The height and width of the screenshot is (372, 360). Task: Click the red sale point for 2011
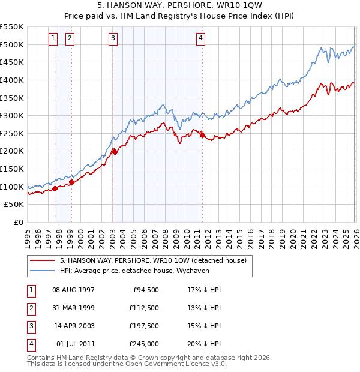[202, 135]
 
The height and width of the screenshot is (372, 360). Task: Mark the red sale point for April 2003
[115, 152]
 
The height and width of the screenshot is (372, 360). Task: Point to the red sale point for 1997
[55, 188]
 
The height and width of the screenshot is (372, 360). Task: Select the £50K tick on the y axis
[14, 205]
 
